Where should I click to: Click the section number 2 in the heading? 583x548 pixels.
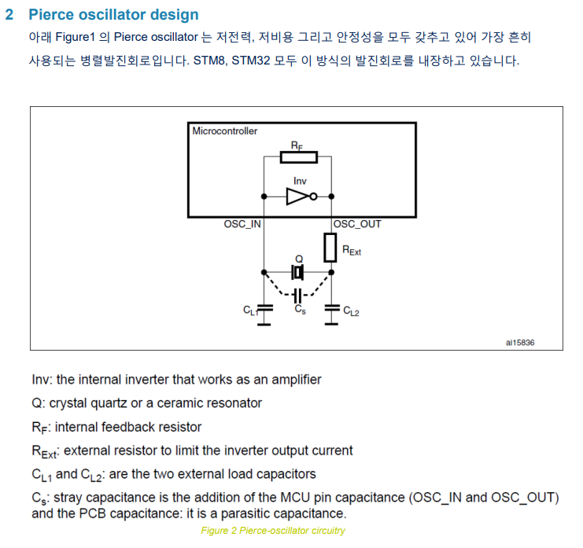coord(9,15)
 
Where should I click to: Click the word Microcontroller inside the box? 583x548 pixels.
coord(224,131)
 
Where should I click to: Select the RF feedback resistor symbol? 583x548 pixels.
coord(299,156)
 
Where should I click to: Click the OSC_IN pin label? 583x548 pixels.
coord(242,225)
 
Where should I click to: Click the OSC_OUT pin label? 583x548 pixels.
coord(357,225)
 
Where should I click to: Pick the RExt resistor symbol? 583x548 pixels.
coord(331,247)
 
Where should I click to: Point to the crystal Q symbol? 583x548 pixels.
coord(297,272)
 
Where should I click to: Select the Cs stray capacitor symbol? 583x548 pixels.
coord(297,296)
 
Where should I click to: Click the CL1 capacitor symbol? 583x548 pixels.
coord(264,310)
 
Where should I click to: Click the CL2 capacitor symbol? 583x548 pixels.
coord(331,310)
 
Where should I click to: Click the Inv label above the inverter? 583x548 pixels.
coord(300,181)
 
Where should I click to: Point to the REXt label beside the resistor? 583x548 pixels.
coord(351,251)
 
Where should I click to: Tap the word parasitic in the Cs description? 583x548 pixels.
coord(268,514)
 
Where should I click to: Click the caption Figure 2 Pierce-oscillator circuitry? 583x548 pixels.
coord(272,531)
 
